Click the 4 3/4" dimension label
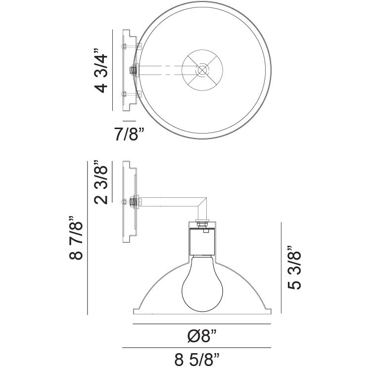coord(101,71)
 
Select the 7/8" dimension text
coord(129,134)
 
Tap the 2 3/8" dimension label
coord(101,183)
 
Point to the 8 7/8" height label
coord(76,238)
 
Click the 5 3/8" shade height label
coord(294,268)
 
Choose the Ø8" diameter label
coord(202,336)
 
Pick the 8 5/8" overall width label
coord(197,359)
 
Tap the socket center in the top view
coord(202,70)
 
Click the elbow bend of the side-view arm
coord(202,202)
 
